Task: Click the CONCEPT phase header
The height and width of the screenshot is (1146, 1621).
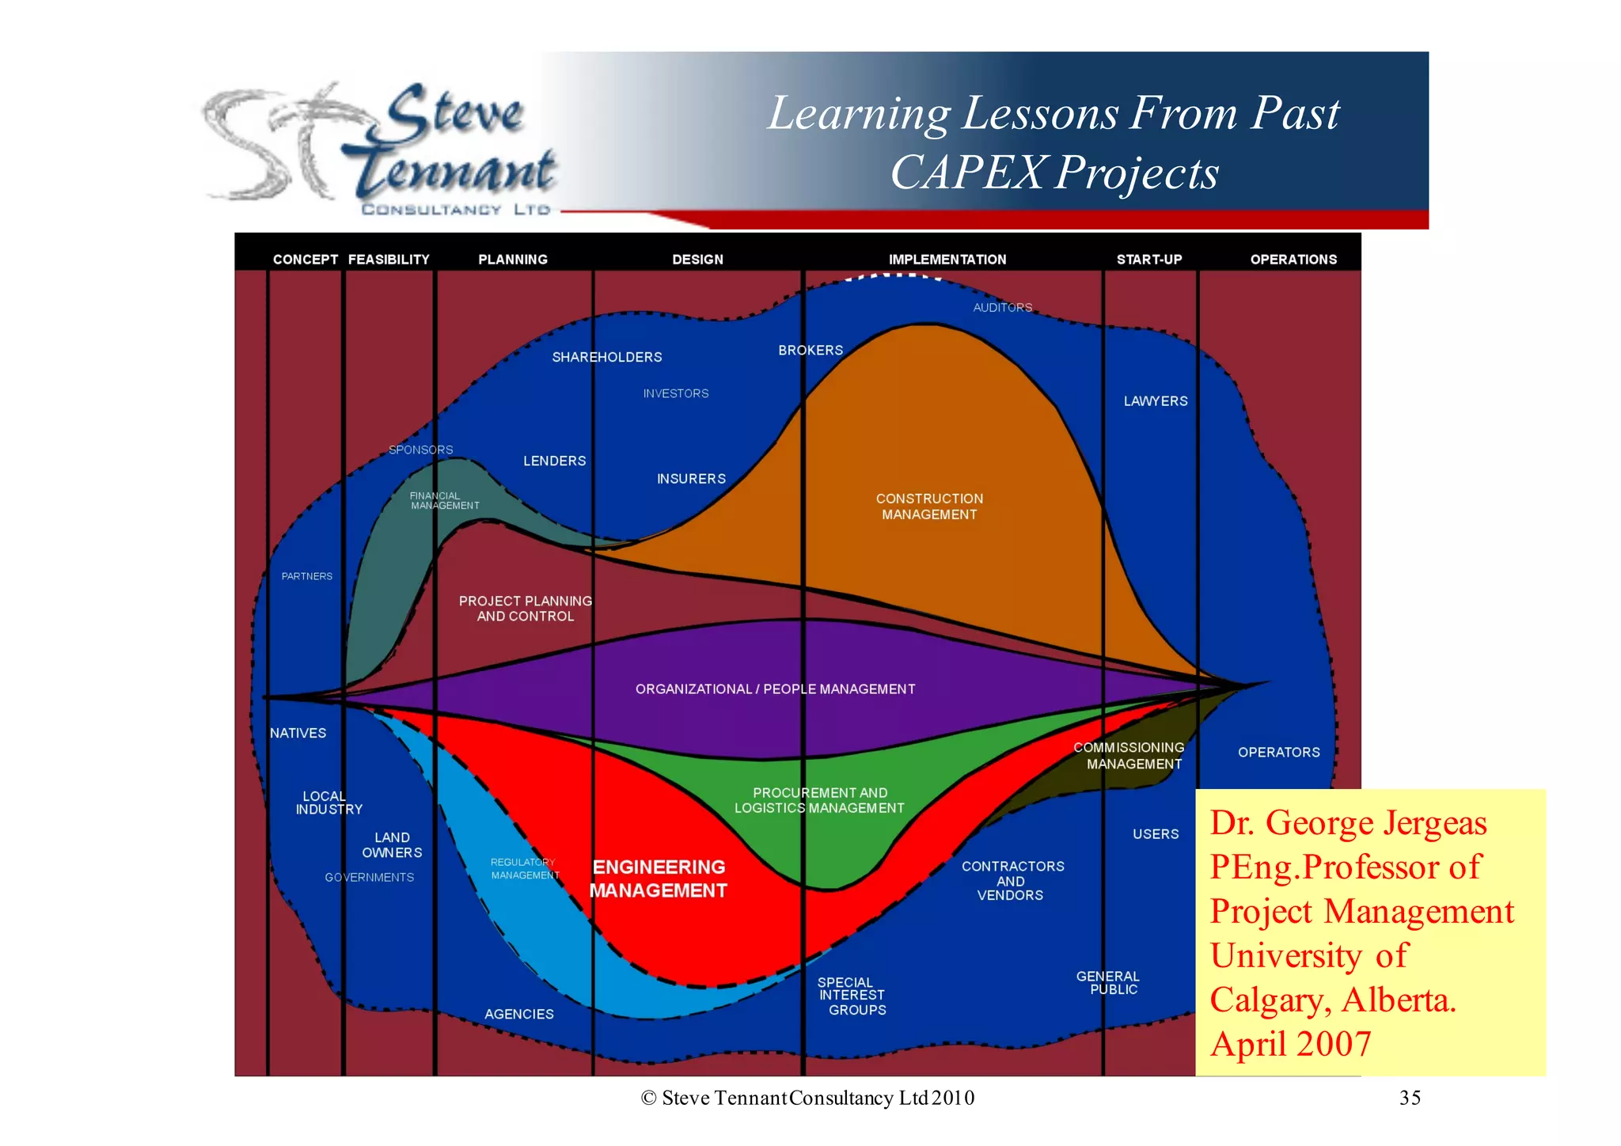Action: click(x=305, y=260)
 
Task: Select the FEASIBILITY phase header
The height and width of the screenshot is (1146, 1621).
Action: click(x=389, y=260)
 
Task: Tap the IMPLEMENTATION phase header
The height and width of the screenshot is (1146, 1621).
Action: click(x=947, y=260)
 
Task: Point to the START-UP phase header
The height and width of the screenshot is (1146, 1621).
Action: click(x=1148, y=260)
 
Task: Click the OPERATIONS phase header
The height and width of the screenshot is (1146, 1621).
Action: click(x=1293, y=260)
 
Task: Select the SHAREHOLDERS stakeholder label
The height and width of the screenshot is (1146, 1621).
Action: click(x=606, y=358)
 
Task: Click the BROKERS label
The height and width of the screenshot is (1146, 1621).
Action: click(x=810, y=351)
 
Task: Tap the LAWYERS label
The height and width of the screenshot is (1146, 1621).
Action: click(x=1156, y=401)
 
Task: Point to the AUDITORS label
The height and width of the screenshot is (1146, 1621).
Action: click(x=1002, y=308)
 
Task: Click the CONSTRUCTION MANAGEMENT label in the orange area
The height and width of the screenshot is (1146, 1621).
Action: click(x=929, y=507)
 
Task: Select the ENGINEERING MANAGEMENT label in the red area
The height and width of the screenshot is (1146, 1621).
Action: click(x=659, y=878)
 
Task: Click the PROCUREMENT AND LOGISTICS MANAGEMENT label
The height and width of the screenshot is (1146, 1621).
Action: click(x=819, y=800)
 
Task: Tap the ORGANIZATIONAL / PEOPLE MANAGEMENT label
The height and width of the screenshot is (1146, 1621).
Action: click(x=775, y=689)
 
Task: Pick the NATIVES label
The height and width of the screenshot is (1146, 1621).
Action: click(x=298, y=734)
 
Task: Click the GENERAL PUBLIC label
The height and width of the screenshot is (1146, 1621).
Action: click(x=1108, y=983)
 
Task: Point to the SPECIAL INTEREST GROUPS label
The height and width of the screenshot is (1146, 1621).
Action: click(x=852, y=996)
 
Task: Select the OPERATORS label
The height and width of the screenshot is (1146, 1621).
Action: click(x=1278, y=753)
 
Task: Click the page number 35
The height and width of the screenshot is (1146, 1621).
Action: click(x=1410, y=1098)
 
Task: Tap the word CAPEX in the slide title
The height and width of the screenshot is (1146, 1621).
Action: click(x=967, y=173)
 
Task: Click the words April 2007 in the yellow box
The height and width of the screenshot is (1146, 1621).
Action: click(x=1290, y=1044)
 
